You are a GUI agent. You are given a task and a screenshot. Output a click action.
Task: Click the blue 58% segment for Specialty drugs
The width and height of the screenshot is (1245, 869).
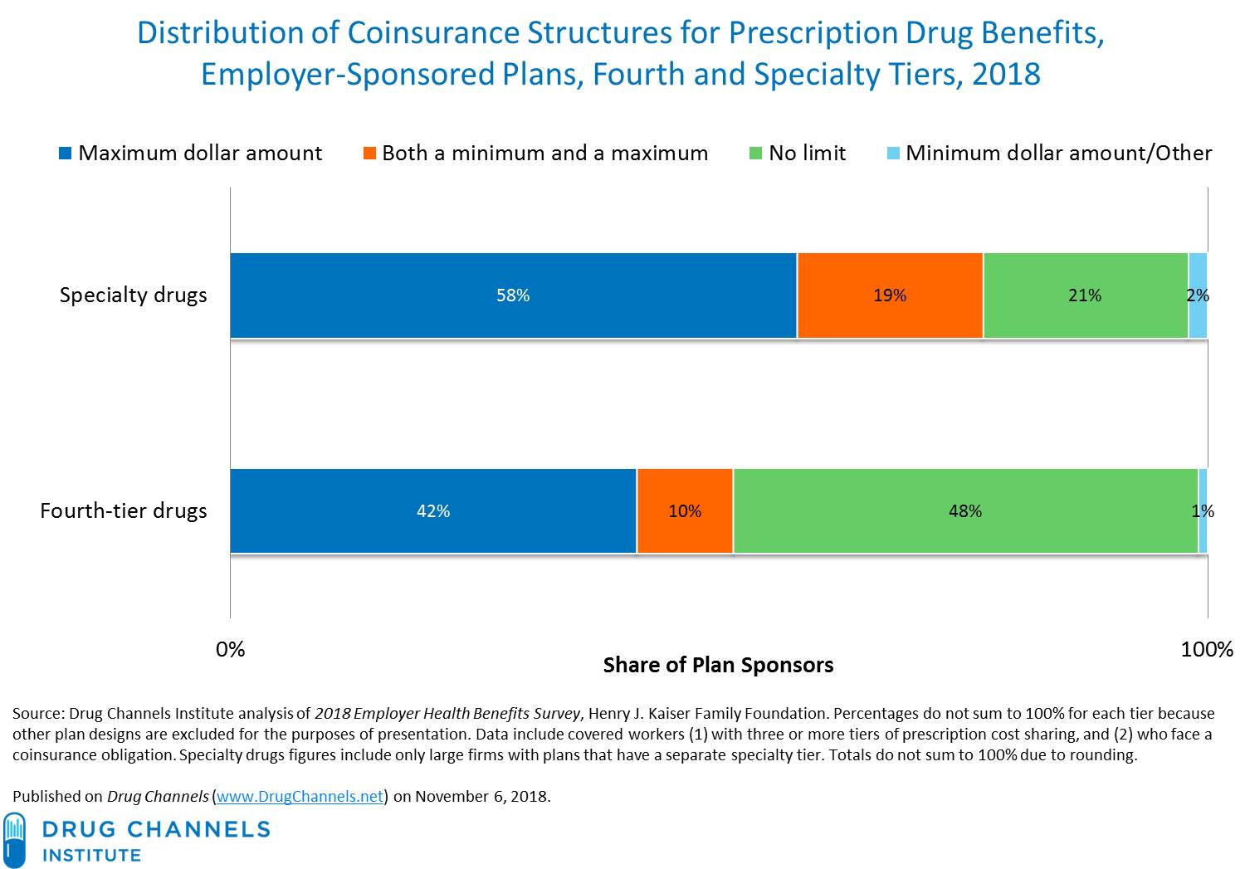pyautogui.click(x=513, y=295)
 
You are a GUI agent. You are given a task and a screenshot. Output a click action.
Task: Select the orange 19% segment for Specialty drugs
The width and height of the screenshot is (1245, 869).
pyautogui.click(x=890, y=295)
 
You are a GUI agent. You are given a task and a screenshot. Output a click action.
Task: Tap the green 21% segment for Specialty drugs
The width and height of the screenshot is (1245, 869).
pyautogui.click(x=1085, y=295)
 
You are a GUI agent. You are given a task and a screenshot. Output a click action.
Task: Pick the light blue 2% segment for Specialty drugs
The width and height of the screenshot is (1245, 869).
pyautogui.click(x=1198, y=295)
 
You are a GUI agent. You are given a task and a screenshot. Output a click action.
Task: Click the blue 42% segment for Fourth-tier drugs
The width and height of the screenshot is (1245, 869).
pyautogui.click(x=432, y=510)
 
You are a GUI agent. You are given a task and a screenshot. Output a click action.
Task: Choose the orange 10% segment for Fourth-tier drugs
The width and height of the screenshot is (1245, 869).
pyautogui.click(x=685, y=510)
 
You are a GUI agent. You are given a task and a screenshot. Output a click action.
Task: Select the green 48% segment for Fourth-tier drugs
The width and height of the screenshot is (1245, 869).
pyautogui.click(x=965, y=510)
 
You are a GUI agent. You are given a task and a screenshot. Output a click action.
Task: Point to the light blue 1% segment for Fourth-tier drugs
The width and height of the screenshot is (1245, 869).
pyautogui.click(x=1203, y=510)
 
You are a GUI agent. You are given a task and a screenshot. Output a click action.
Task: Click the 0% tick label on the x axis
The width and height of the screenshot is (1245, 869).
pyautogui.click(x=230, y=649)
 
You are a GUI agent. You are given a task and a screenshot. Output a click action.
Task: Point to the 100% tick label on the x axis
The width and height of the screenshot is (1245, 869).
pyautogui.click(x=1207, y=649)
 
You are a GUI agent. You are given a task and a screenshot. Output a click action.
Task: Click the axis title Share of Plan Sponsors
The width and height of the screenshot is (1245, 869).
pyautogui.click(x=718, y=665)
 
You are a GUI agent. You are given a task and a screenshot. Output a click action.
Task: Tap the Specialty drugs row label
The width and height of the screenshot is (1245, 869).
pyautogui.click(x=133, y=295)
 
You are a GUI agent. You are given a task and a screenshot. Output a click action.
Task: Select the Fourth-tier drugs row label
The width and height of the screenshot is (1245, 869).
pyautogui.click(x=124, y=510)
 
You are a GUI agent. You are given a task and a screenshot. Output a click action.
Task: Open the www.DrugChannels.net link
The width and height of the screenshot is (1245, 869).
pyautogui.click(x=300, y=796)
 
